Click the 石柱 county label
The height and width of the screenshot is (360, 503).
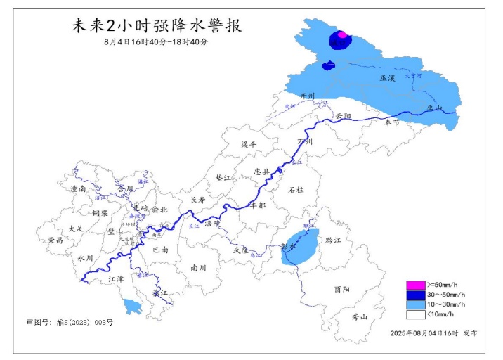click(x=296, y=189)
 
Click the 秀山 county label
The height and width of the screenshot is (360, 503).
click(x=359, y=316)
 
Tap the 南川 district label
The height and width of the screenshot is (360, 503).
click(x=199, y=267)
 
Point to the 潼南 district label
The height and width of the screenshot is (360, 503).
click(x=77, y=188)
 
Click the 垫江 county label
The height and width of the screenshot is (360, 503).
click(x=223, y=179)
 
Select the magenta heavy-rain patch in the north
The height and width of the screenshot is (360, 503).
click(x=342, y=34)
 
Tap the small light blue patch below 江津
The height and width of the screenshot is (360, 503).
click(x=130, y=306)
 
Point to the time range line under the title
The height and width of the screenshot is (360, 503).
click(x=156, y=42)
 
